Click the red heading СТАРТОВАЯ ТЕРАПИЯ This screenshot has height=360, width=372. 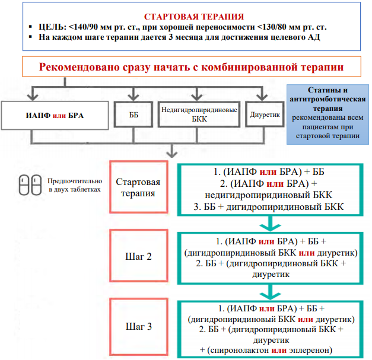194,17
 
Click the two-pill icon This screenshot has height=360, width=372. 30,185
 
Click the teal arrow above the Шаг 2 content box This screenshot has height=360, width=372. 270,224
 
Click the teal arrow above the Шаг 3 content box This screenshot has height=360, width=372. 270,292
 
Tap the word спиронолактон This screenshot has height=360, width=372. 239,350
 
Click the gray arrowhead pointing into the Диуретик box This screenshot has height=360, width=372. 262,97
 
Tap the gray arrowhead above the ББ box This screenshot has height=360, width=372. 133,97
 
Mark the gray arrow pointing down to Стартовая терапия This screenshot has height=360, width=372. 172,151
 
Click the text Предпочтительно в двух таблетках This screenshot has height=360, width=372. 75,185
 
